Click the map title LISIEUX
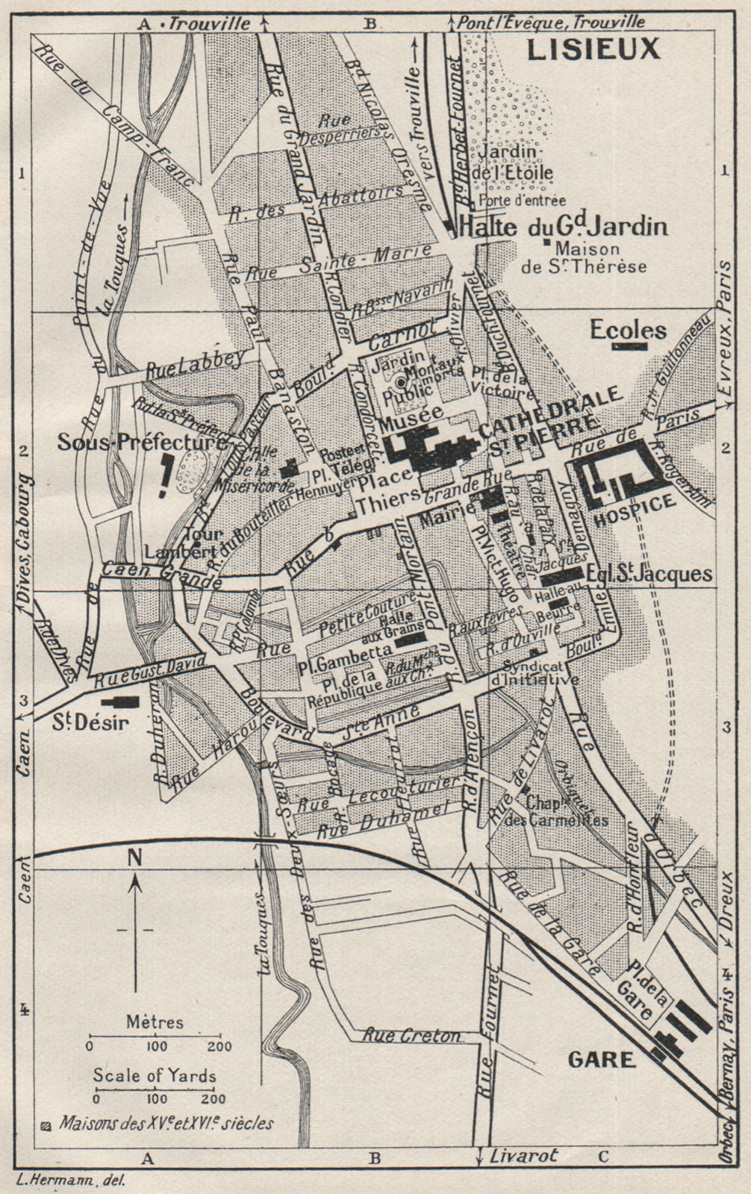click(x=594, y=49)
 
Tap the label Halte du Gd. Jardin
click(x=564, y=227)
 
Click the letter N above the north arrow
click(x=134, y=857)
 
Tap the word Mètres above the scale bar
click(x=155, y=1021)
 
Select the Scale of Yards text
click(x=155, y=1075)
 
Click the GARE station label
click(x=601, y=1059)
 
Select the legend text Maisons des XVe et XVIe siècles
click(x=166, y=1122)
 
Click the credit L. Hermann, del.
click(x=70, y=1180)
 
